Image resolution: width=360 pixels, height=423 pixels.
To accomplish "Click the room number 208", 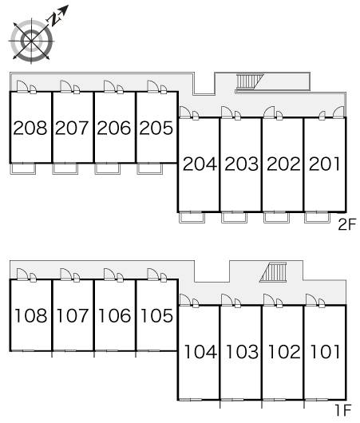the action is click(30, 128).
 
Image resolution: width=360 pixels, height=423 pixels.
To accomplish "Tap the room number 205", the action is click(156, 128).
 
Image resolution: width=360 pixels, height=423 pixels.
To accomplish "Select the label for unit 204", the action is click(200, 164).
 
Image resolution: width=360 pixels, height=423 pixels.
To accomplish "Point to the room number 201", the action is click(325, 164).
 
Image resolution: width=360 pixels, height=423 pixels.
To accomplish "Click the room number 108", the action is click(31, 315).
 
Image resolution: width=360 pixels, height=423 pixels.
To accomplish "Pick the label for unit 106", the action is click(115, 315).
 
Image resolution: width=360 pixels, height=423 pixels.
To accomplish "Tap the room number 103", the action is click(242, 352).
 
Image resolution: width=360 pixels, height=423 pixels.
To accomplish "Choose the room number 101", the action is click(325, 352).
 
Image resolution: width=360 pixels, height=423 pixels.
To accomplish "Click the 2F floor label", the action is click(347, 224).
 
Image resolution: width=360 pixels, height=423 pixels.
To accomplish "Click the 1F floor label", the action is click(343, 410).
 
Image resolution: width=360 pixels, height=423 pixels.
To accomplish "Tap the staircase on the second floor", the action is click(250, 81).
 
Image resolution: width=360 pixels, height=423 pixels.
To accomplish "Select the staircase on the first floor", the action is click(273, 272).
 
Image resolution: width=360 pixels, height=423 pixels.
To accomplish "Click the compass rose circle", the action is click(32, 41).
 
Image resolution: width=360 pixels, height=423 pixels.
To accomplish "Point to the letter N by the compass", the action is click(53, 20).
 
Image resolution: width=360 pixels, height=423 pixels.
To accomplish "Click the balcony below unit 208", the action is click(23, 169).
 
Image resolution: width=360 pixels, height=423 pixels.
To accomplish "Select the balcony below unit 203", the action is click(234, 218).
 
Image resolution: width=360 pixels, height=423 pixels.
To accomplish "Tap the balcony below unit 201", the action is click(317, 218).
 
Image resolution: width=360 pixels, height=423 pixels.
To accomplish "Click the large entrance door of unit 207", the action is click(65, 86).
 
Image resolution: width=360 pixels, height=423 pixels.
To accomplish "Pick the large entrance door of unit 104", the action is click(185, 300).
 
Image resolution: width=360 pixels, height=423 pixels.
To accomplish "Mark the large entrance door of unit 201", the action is click(339, 112).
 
